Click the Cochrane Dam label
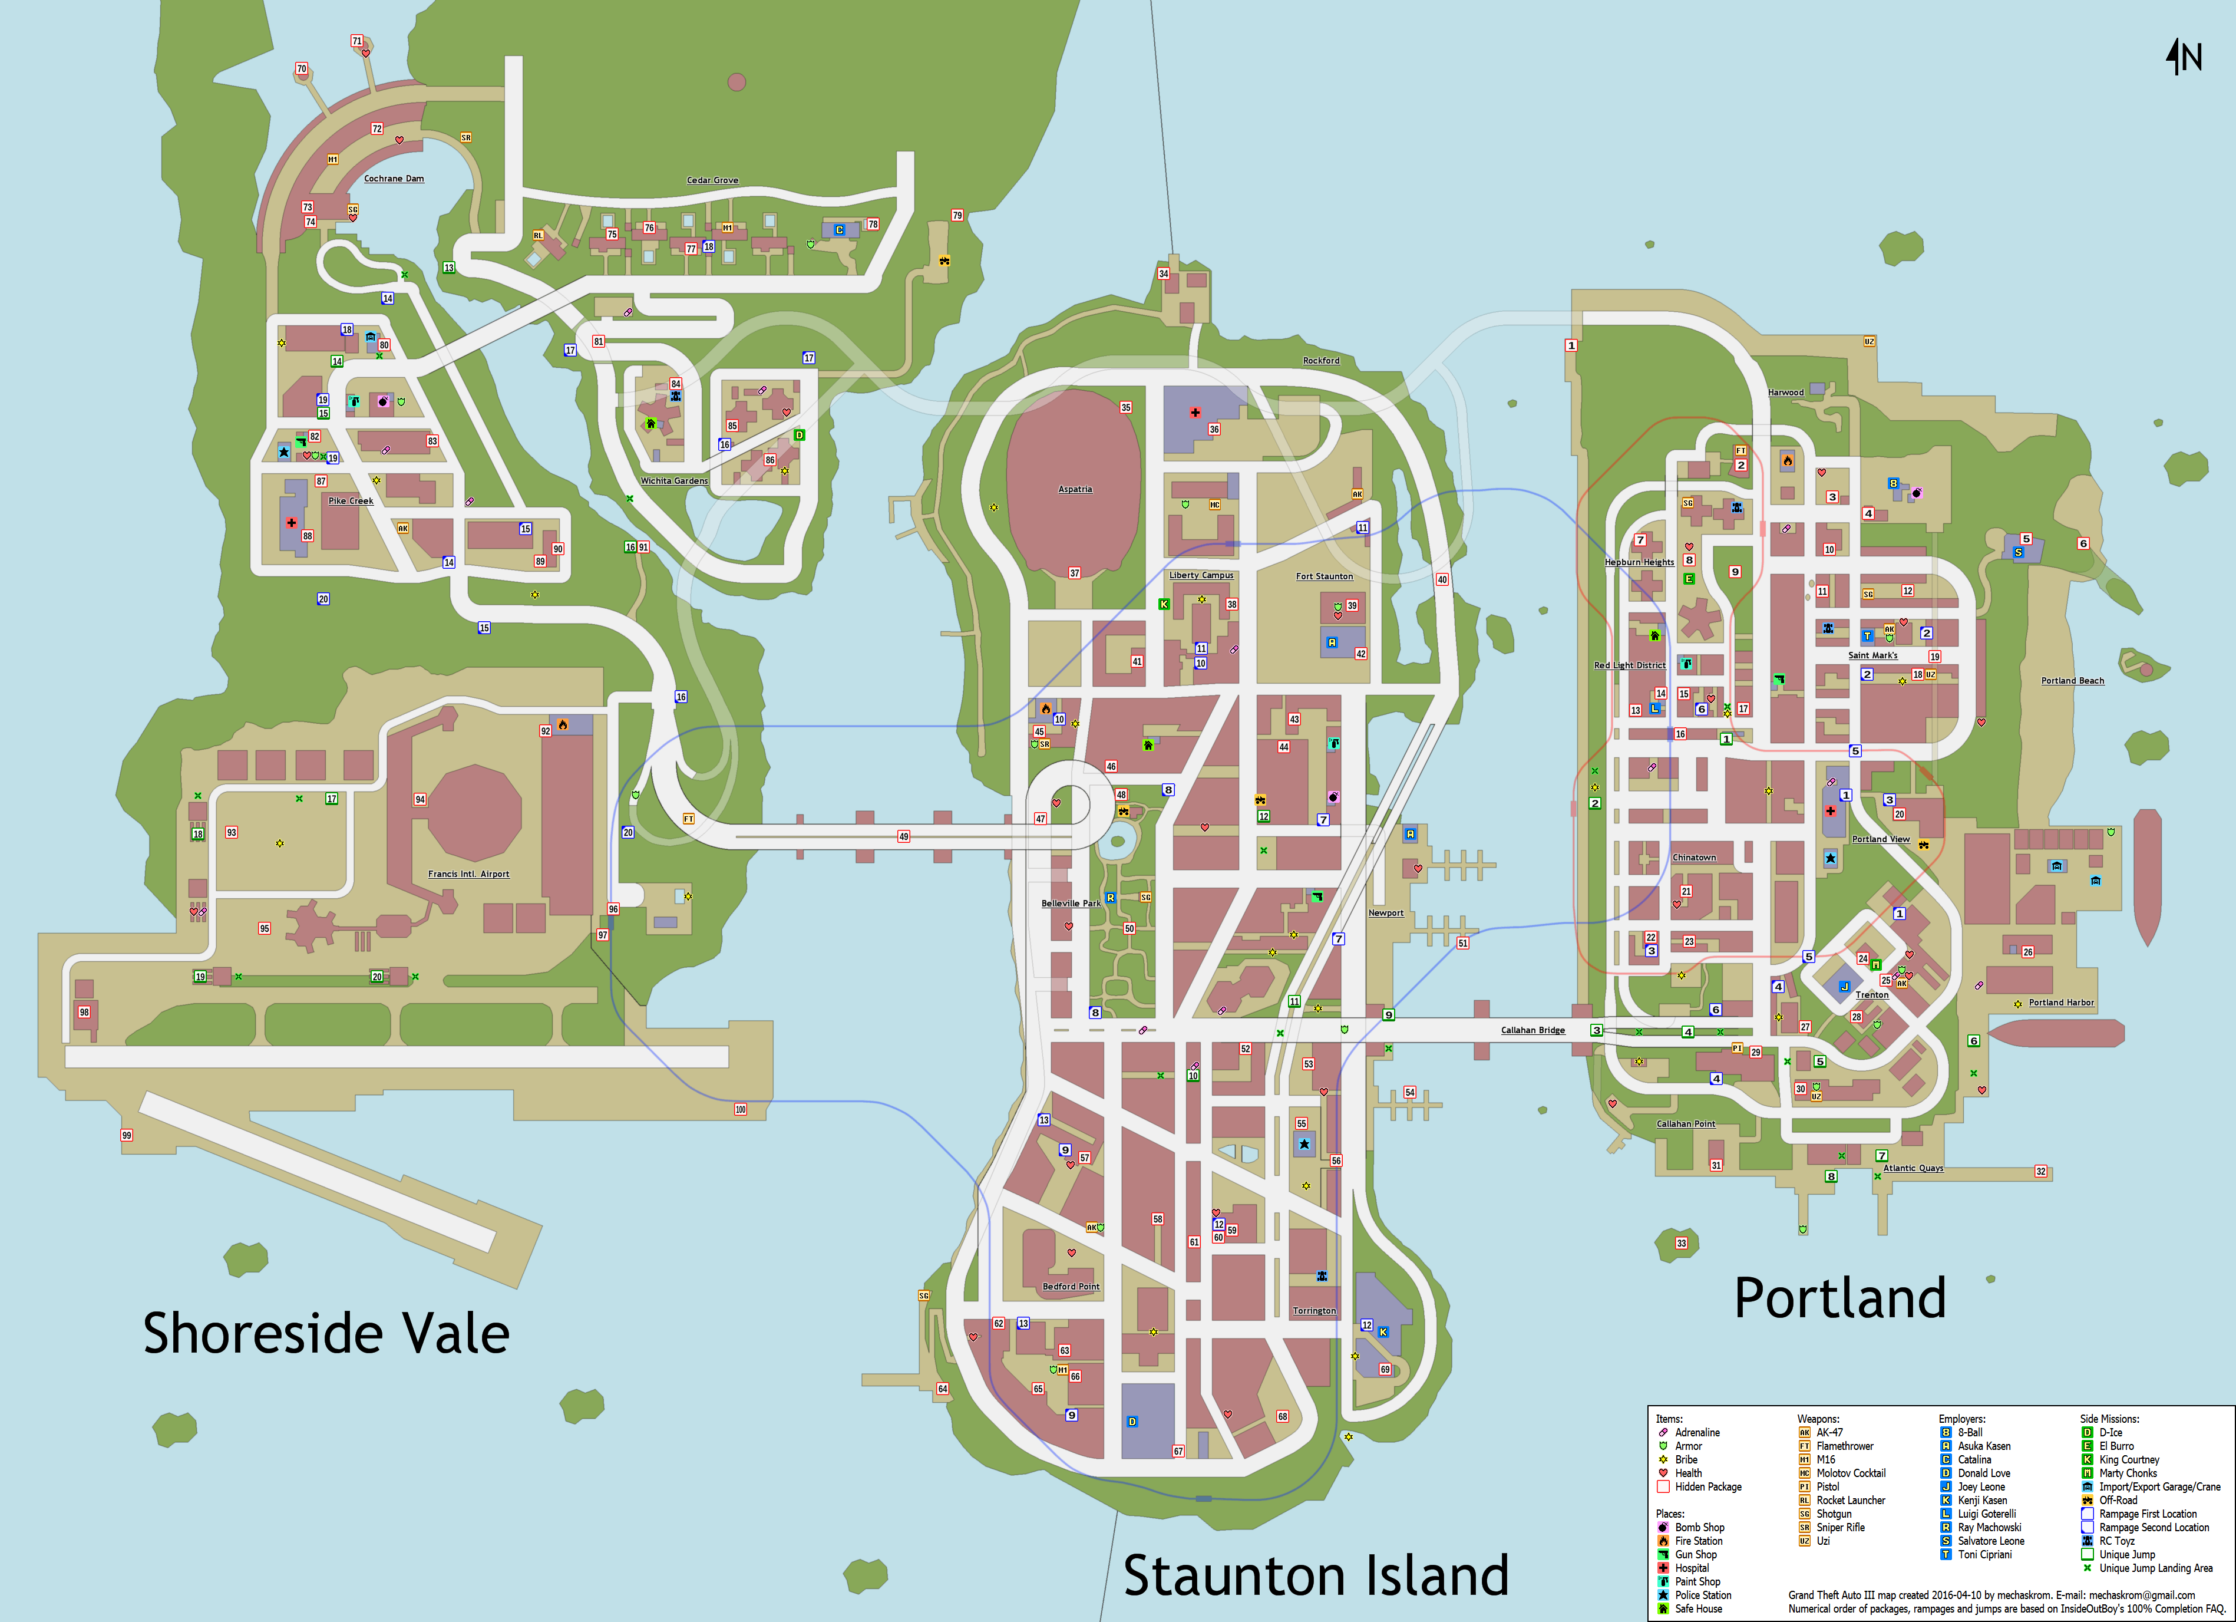point(394,179)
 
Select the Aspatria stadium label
point(1075,489)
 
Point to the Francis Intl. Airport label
point(468,873)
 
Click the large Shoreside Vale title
point(326,1333)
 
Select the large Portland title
point(1839,1298)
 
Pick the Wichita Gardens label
point(675,481)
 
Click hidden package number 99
point(126,1136)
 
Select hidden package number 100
point(741,1109)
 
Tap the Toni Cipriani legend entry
point(1983,1555)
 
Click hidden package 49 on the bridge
point(903,836)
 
